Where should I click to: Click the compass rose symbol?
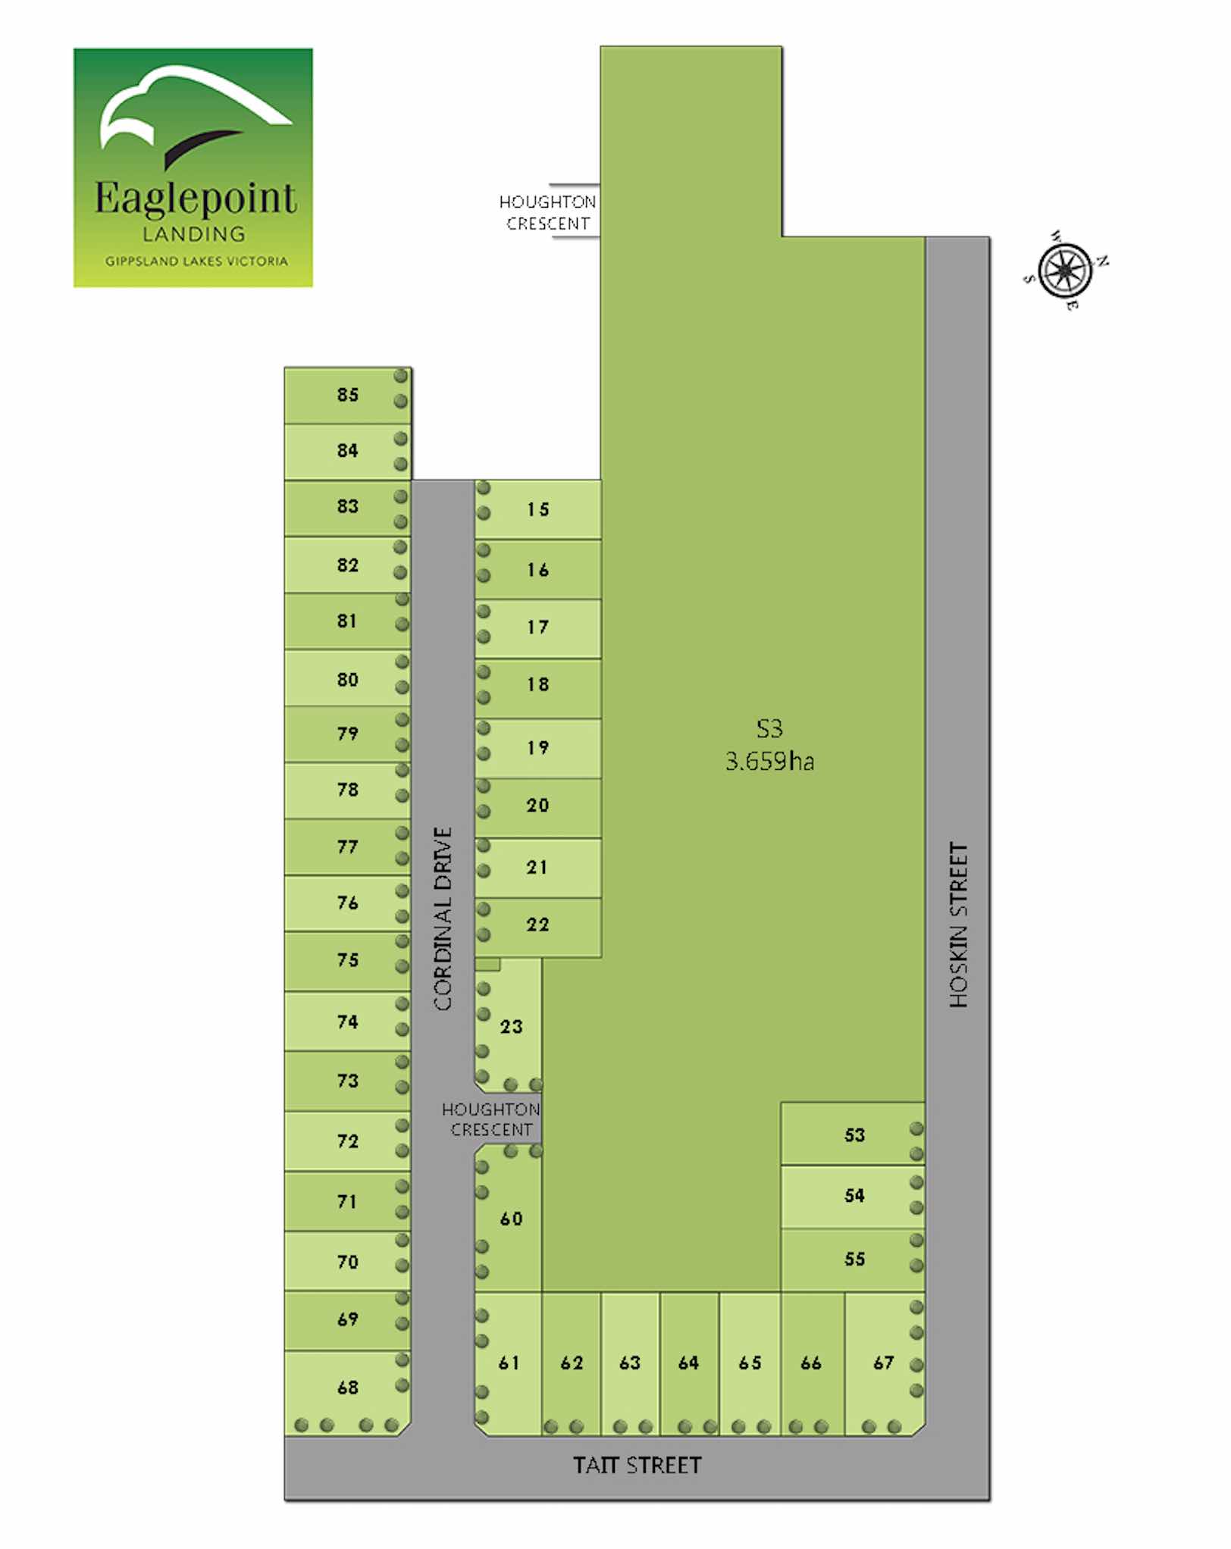click(1065, 271)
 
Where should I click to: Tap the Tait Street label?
click(637, 1465)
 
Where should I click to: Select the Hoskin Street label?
click(959, 925)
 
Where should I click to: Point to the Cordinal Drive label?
click(443, 918)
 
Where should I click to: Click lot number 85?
click(348, 395)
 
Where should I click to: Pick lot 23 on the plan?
click(511, 1027)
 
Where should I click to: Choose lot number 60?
click(511, 1219)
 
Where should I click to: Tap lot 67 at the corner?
click(884, 1363)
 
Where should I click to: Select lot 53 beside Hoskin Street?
click(854, 1135)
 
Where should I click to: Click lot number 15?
click(538, 509)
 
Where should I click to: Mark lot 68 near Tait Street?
click(348, 1387)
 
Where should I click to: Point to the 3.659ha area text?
click(769, 762)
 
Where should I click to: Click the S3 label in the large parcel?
click(769, 729)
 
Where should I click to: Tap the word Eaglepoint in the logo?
click(195, 199)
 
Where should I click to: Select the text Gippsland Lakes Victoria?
click(196, 261)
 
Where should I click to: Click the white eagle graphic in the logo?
click(190, 106)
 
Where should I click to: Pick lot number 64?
click(688, 1363)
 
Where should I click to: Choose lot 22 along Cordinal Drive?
click(537, 925)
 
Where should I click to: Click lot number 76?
click(348, 903)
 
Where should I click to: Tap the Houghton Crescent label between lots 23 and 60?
click(491, 1119)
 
